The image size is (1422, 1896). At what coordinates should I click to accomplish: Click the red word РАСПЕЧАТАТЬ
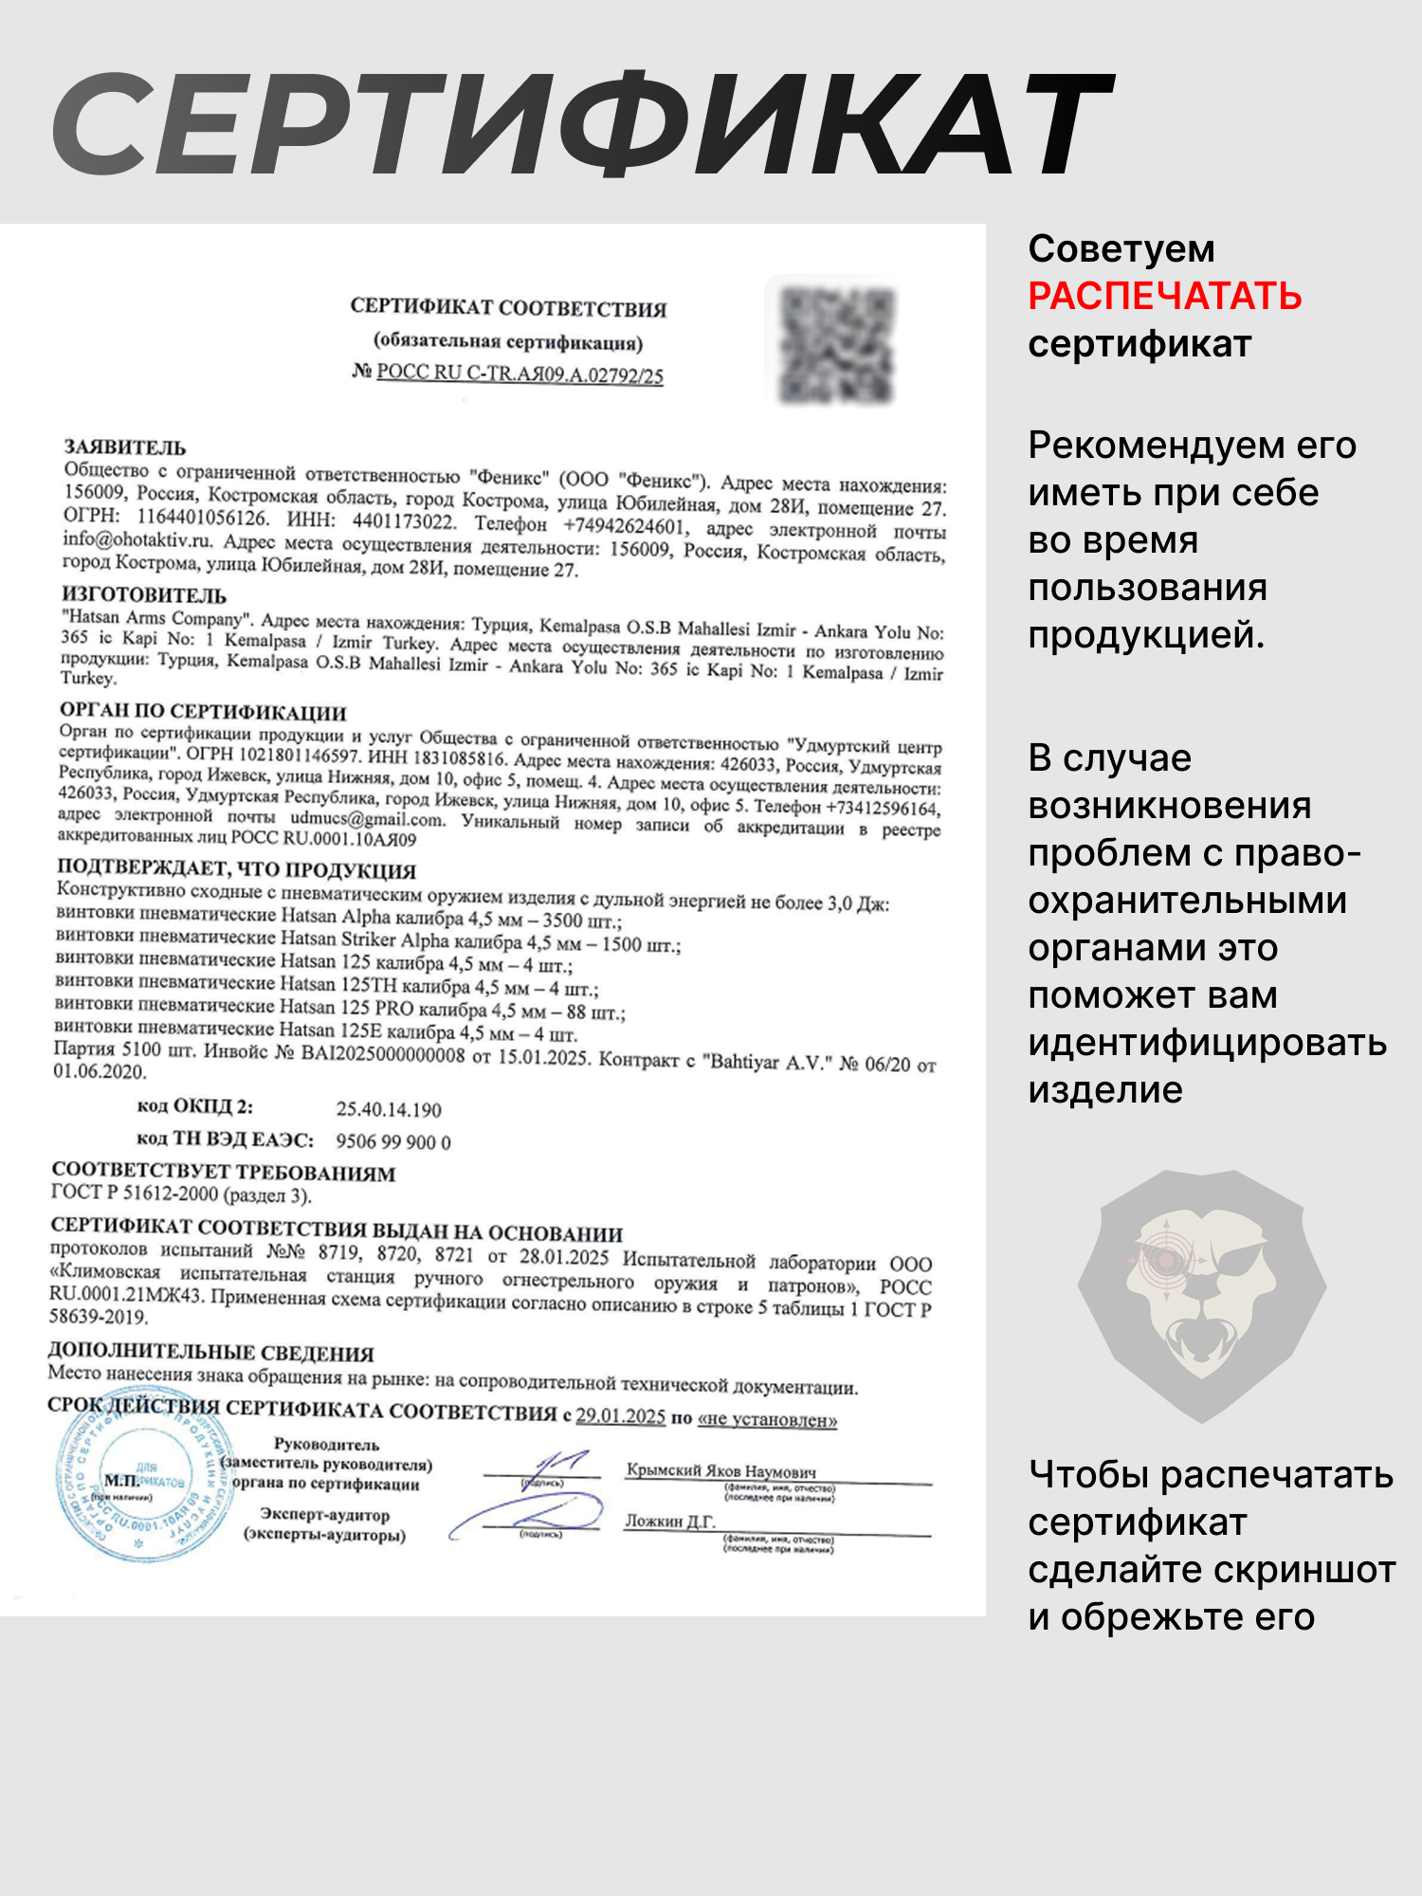(x=1164, y=297)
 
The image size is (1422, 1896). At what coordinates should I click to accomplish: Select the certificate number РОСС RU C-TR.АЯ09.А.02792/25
(x=520, y=374)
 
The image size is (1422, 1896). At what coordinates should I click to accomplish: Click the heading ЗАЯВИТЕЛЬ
(x=124, y=447)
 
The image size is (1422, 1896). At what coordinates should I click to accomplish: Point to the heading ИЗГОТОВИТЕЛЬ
(x=144, y=595)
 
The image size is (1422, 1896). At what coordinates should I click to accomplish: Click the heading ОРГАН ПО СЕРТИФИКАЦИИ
(x=203, y=711)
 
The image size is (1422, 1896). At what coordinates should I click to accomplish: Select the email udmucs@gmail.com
(x=367, y=819)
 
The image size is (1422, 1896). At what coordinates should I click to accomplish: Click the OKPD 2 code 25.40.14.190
(x=389, y=1109)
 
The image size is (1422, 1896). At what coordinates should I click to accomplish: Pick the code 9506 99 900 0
(x=393, y=1141)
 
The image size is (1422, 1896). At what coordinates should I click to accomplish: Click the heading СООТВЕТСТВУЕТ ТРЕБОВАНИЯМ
(x=224, y=1173)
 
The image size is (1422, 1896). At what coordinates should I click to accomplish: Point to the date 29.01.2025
(x=621, y=1416)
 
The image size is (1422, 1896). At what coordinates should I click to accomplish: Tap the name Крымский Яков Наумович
(x=721, y=1471)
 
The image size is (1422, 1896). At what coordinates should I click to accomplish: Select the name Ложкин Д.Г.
(x=670, y=1522)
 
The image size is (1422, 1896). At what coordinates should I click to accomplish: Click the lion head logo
(x=1201, y=1294)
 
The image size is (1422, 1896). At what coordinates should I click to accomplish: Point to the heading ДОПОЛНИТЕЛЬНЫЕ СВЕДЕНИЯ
(x=210, y=1353)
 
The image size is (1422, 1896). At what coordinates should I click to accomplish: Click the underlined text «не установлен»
(x=767, y=1419)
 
